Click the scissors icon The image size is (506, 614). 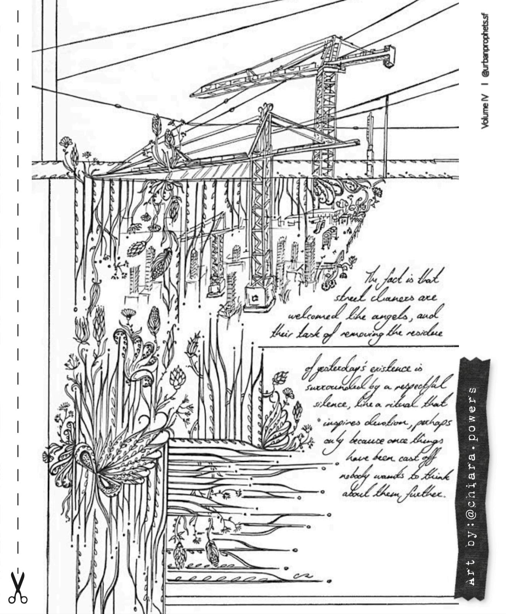[x=18, y=588]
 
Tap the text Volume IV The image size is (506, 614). [x=485, y=111]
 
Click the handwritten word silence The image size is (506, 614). [x=330, y=404]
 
